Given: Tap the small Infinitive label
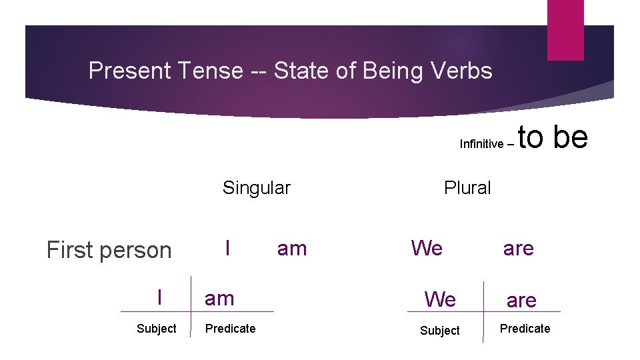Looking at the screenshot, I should (x=481, y=144).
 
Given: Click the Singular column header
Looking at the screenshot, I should (x=257, y=188).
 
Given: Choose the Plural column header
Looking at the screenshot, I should (x=467, y=188).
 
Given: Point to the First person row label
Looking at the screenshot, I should (x=109, y=250).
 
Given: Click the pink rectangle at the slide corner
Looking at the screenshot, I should (x=565, y=29).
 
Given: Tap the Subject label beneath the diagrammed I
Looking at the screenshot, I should (x=157, y=329).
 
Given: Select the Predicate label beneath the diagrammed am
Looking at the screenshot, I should (x=231, y=329).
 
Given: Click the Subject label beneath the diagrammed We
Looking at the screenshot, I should (x=440, y=330).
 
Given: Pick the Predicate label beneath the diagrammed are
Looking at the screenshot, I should (x=525, y=329).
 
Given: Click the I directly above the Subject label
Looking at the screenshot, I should (x=159, y=297).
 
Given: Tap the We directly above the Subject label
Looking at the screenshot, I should (x=441, y=300).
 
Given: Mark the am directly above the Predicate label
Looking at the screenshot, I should (x=220, y=299).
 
